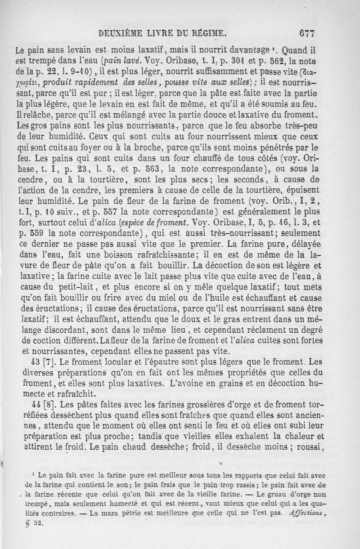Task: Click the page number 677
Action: pyautogui.click(x=305, y=32)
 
